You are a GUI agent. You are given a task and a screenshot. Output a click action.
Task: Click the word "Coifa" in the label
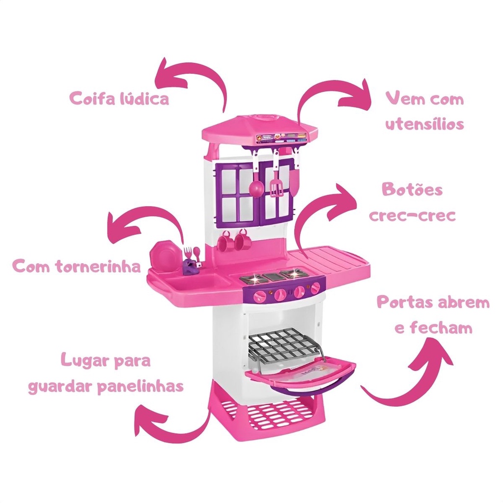(x=91, y=98)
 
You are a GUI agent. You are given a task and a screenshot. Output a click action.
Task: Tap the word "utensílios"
(x=425, y=124)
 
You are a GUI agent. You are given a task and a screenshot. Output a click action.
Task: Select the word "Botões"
(x=412, y=189)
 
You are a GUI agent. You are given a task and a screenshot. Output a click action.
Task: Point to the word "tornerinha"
(x=98, y=266)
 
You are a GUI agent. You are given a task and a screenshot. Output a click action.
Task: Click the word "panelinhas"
(x=140, y=386)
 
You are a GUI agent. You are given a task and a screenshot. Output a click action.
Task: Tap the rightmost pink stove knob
(x=316, y=288)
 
